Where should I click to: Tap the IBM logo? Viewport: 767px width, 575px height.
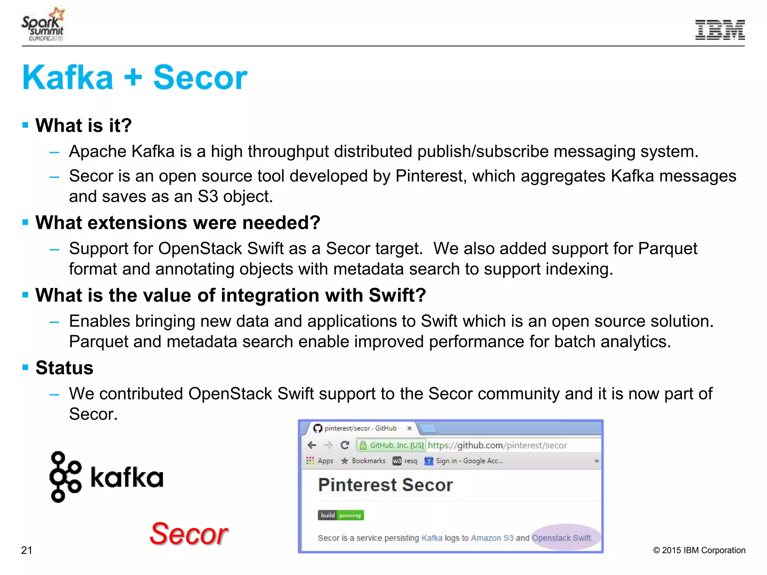coord(720,30)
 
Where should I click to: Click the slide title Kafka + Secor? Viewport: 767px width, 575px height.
coord(135,77)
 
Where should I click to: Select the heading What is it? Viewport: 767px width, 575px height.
coord(84,125)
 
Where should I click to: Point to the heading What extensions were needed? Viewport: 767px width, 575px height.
coord(178,223)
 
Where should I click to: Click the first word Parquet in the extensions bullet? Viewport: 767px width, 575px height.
coord(667,249)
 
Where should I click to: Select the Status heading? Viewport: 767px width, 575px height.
coord(64,368)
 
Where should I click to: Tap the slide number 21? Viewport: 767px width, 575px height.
coord(27,550)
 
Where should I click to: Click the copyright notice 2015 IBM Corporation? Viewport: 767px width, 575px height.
coord(699,550)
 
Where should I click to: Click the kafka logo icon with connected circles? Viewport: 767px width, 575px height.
coord(65,477)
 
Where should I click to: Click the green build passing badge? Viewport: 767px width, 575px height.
coord(341,515)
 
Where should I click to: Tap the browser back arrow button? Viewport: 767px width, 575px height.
coord(312,445)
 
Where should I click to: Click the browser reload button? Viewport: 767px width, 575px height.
coord(345,445)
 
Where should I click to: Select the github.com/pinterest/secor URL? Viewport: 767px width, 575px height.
coord(497,445)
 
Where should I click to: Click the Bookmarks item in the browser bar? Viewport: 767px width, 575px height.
coord(368,461)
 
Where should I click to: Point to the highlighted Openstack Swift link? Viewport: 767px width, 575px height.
coord(562,538)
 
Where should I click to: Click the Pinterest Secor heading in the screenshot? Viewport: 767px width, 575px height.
coord(385,485)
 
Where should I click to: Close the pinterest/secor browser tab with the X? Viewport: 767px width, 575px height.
coord(409,428)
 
